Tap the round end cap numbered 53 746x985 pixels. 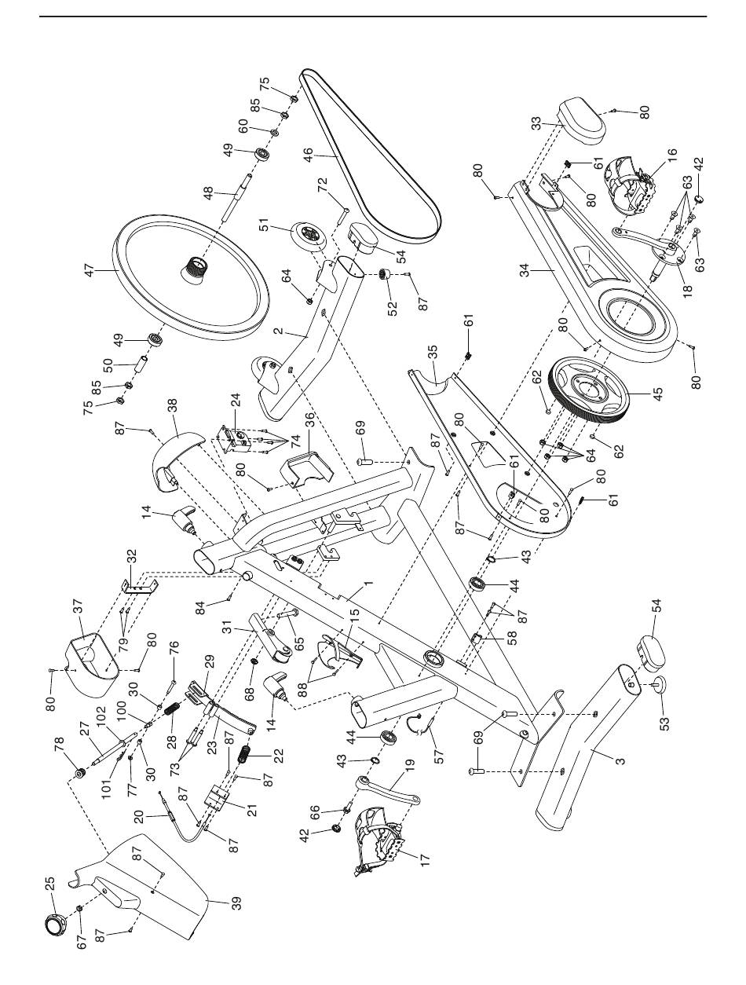(x=658, y=683)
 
